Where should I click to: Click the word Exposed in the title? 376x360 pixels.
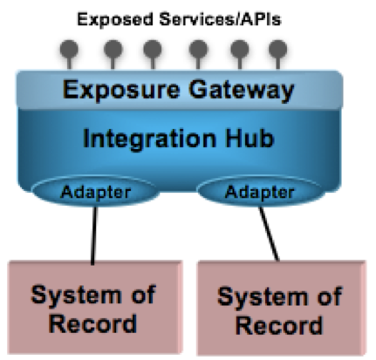pyautogui.click(x=115, y=19)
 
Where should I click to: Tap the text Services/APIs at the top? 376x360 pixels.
pyautogui.click(x=221, y=19)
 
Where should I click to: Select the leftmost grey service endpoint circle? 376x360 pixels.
pyautogui.click(x=69, y=49)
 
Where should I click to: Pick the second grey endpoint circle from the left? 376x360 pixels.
pyautogui.click(x=113, y=49)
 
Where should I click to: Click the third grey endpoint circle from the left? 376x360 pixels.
pyautogui.click(x=153, y=49)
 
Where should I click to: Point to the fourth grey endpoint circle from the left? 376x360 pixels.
pyautogui.click(x=198, y=49)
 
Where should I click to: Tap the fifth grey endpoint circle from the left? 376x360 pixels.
pyautogui.click(x=240, y=49)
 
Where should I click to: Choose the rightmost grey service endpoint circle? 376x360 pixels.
pyautogui.click(x=278, y=49)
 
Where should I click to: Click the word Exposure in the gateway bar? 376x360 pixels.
pyautogui.click(x=121, y=91)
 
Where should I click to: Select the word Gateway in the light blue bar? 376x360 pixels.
pyautogui.click(x=242, y=91)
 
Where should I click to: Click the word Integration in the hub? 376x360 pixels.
pyautogui.click(x=150, y=139)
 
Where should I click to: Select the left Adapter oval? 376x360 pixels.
pyautogui.click(x=95, y=191)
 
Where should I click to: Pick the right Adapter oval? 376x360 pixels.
pyautogui.click(x=259, y=191)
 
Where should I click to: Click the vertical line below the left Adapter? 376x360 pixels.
pyautogui.click(x=94, y=235)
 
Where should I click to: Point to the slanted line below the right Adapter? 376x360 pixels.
pyautogui.click(x=269, y=234)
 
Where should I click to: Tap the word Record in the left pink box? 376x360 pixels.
pyautogui.click(x=92, y=323)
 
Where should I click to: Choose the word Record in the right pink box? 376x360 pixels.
pyautogui.click(x=279, y=324)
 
